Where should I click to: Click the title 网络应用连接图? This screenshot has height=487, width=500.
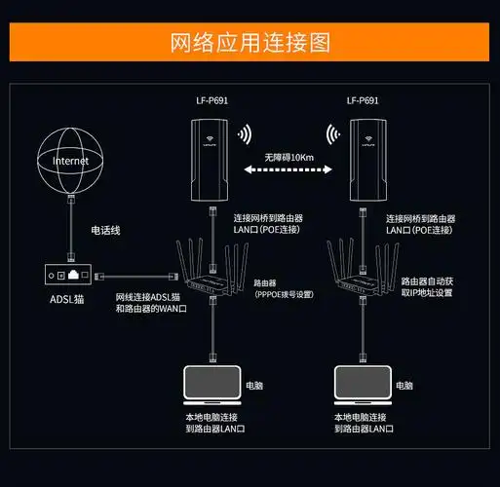[x=250, y=43]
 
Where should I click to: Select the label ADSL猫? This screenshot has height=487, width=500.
[x=66, y=300]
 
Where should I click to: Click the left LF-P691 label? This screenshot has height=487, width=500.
[x=212, y=100]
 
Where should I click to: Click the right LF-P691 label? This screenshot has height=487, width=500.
[x=363, y=100]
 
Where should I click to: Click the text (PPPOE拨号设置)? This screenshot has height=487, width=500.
[x=285, y=292]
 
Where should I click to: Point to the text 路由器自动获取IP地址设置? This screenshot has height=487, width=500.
[x=428, y=285]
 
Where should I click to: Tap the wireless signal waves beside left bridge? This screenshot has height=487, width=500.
[x=244, y=133]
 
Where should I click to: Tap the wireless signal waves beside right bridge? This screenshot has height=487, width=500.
[x=332, y=133]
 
